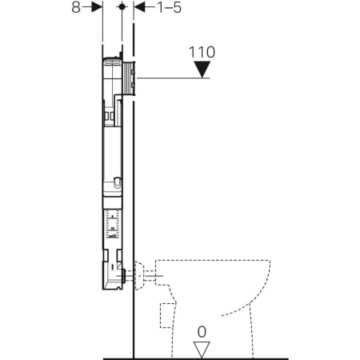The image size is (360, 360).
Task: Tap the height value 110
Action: click(x=202, y=53)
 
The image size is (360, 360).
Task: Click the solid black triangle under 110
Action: click(x=202, y=70)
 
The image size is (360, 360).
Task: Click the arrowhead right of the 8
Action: click(x=97, y=7)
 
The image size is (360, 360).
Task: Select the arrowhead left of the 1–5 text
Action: click(x=138, y=7)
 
